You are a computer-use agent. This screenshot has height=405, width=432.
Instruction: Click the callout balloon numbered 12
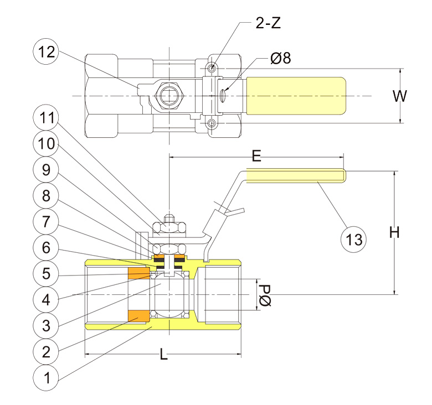coord(46,51)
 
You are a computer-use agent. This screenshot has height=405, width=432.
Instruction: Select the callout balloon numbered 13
coord(354,240)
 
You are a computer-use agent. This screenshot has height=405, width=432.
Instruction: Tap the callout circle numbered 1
coord(46,377)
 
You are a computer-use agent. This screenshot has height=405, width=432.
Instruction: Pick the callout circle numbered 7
coord(46,222)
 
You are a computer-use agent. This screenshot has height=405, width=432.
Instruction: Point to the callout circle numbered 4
coord(46,299)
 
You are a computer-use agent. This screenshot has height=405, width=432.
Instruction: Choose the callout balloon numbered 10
coord(46,144)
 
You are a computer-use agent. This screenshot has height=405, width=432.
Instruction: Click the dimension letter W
coord(399,96)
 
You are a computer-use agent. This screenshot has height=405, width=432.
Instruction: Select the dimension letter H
coord(394,233)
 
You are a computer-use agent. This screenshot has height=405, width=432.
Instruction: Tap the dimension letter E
coord(256,155)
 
